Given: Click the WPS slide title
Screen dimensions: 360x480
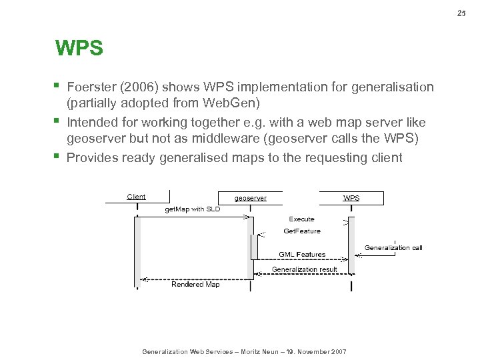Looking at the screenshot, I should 79,49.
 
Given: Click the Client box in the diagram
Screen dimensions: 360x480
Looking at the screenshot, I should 136,197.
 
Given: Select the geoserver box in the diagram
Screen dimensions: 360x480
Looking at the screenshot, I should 251,198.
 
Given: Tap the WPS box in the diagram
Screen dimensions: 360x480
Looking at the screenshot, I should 351,198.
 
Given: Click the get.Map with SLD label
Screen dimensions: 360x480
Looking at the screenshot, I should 192,209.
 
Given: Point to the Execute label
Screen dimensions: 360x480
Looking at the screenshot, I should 301,219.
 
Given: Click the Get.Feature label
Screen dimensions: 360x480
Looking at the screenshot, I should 302,231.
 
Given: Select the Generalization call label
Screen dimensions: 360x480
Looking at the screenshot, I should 393,248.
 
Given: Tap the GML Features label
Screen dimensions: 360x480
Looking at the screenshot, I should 302,254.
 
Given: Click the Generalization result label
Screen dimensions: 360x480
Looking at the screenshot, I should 304,269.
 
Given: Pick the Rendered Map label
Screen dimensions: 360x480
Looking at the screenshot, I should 195,284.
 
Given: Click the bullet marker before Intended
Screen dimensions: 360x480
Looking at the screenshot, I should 59,121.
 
